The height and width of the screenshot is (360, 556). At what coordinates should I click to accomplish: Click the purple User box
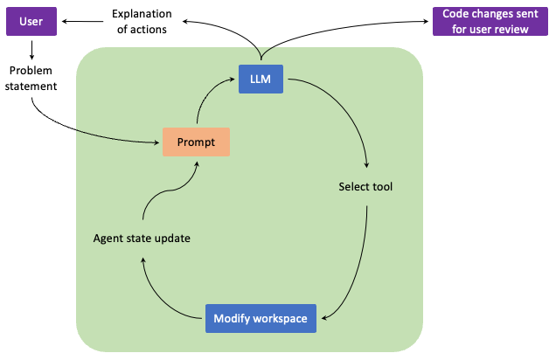(x=31, y=22)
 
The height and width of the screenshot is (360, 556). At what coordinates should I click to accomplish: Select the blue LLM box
(x=261, y=80)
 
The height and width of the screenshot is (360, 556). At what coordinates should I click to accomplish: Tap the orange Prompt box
(x=196, y=142)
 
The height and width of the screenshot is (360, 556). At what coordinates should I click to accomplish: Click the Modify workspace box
(x=261, y=318)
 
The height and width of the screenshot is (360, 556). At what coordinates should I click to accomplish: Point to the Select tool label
(x=365, y=186)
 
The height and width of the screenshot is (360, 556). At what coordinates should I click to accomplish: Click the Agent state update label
(x=142, y=237)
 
